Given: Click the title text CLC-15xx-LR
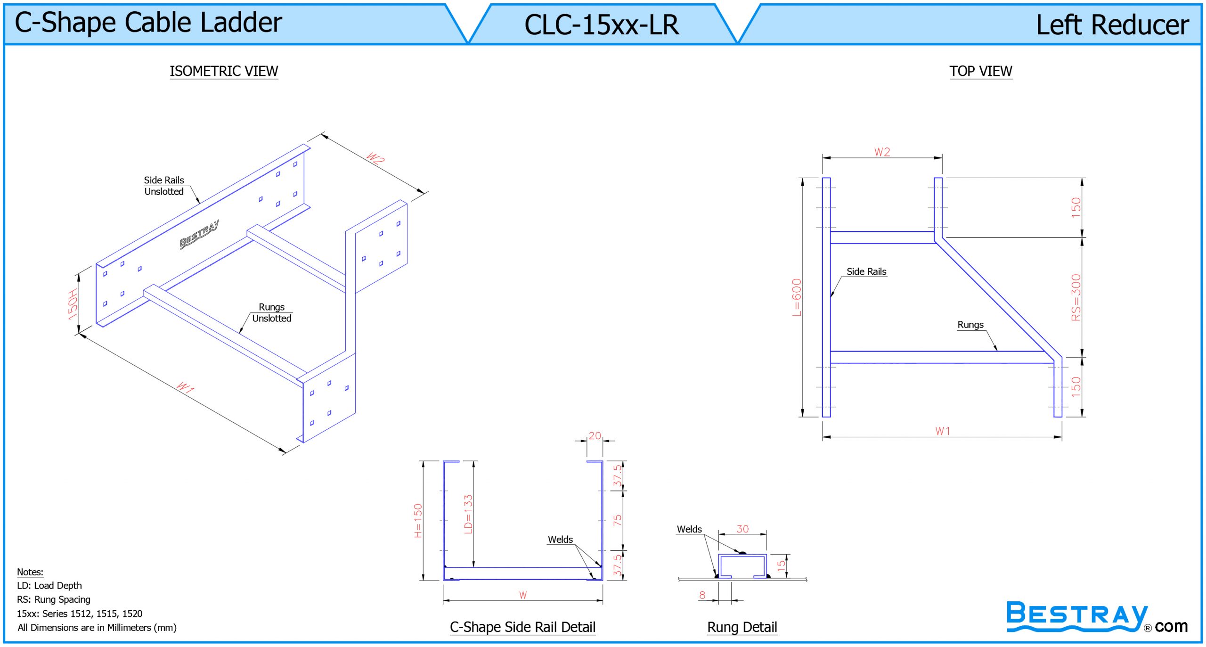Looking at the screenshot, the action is [602, 25].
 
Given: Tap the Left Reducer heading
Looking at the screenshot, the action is [1112, 25].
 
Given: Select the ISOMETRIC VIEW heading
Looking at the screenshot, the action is [224, 71].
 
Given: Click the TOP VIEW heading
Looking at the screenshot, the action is [981, 71].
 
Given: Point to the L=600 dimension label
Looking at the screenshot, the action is [796, 297].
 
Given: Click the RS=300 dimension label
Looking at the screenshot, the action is [1076, 297].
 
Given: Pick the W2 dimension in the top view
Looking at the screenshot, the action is [882, 152].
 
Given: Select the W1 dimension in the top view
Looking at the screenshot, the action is [943, 431].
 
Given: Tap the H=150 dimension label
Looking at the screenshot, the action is [418, 521].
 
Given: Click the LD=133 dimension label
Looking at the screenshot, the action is [468, 514].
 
